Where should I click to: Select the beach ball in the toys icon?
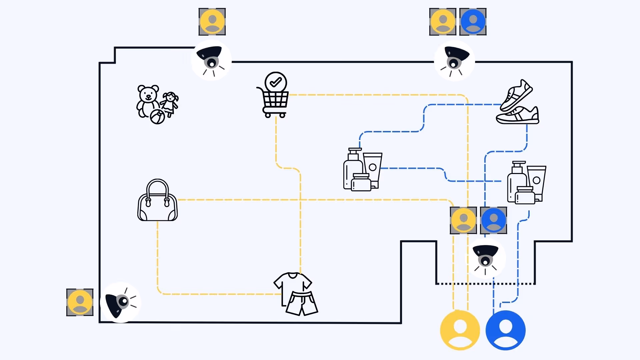click(x=157, y=117)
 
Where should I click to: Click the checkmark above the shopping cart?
click(x=276, y=82)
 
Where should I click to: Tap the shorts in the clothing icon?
click(x=302, y=303)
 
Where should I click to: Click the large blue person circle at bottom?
click(x=505, y=330)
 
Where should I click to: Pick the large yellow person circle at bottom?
click(x=460, y=330)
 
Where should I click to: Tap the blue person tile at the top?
click(x=473, y=22)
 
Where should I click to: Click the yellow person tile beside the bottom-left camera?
click(x=80, y=302)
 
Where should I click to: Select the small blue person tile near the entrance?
click(x=493, y=220)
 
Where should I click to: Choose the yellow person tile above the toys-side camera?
click(x=212, y=22)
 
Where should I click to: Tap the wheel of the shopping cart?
click(x=268, y=115)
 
